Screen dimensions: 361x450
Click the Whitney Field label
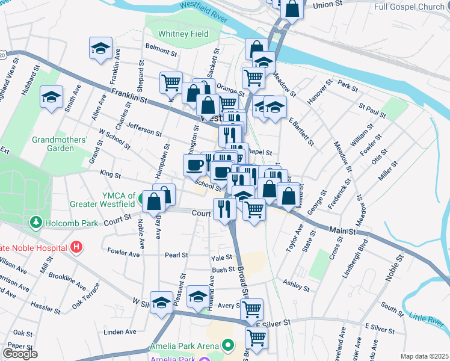coord(182,34)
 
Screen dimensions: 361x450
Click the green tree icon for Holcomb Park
coord(35,223)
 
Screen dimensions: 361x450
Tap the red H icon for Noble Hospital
coord(76,246)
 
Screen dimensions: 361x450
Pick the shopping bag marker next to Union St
coord(291,9)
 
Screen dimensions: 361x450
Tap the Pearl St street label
coord(176,255)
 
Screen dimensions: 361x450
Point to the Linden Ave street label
coord(120,332)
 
